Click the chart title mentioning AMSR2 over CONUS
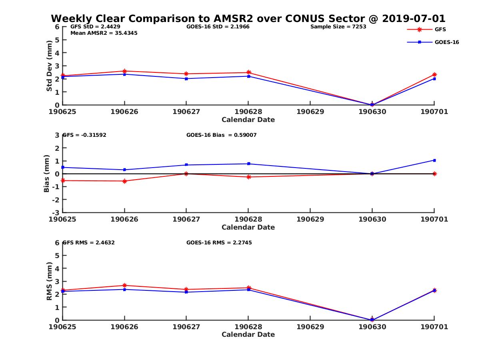(x=248, y=19)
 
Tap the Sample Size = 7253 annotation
(x=338, y=27)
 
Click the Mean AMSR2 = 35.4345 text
(x=104, y=33)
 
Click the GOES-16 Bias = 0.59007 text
(x=221, y=135)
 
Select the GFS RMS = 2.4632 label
(x=88, y=242)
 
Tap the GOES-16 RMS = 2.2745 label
(x=219, y=242)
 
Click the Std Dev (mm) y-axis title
(x=49, y=66)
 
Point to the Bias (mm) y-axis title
(x=47, y=174)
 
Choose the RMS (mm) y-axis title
(x=49, y=281)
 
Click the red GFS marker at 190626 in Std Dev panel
(x=124, y=71)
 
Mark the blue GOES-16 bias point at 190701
(x=434, y=160)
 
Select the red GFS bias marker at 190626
(x=124, y=181)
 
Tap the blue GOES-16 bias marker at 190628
(x=248, y=164)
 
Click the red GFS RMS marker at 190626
(x=124, y=286)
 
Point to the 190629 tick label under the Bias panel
(x=310, y=220)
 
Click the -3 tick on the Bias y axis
(x=57, y=212)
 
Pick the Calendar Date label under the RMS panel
(x=248, y=334)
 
